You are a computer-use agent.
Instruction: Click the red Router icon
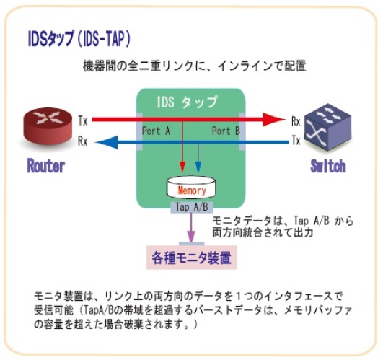coord(48,126)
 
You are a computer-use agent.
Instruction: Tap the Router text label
coord(46,166)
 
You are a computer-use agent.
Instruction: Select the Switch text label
coord(328,166)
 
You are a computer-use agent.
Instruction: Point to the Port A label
coord(156,131)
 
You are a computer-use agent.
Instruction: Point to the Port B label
coord(226,131)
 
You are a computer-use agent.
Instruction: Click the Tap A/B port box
coord(192,208)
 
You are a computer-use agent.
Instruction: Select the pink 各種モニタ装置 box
coord(192,258)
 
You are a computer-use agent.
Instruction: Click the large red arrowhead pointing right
coord(273,120)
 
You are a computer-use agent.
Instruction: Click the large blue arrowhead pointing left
coord(107,142)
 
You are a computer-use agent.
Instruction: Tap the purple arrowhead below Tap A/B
coord(191,236)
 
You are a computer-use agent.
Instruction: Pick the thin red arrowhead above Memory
coord(182,167)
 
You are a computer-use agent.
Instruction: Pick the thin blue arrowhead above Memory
coord(198,167)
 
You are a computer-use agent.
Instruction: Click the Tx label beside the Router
coord(83,120)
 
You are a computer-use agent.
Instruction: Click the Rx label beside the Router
coord(82,141)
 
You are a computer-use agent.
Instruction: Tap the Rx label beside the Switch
coord(296,121)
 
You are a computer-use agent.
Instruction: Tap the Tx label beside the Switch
coord(296,140)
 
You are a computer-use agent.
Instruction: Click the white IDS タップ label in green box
coord(187,102)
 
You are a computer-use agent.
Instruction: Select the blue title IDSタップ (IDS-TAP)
coord(79,38)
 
